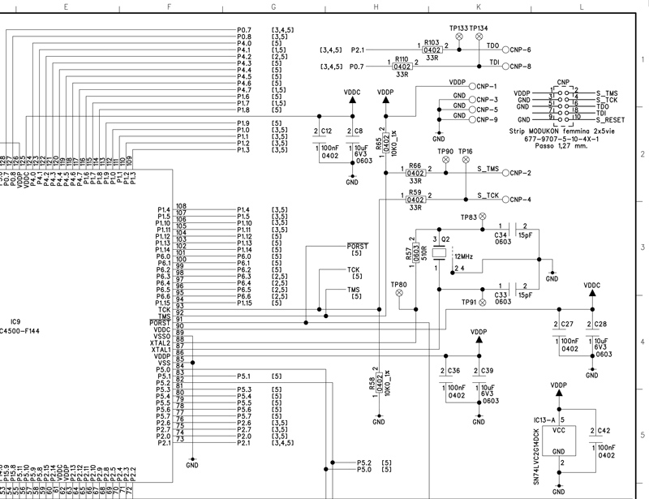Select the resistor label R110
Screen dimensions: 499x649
(x=402, y=59)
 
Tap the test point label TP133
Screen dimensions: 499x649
(x=458, y=28)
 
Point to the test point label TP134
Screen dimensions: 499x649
(x=479, y=28)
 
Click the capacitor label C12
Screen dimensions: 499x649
(x=325, y=130)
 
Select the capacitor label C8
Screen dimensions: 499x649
(x=359, y=130)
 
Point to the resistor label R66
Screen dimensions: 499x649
(x=415, y=165)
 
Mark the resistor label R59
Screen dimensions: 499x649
(x=415, y=191)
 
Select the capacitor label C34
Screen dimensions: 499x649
(x=501, y=234)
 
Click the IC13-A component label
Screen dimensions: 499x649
(x=545, y=419)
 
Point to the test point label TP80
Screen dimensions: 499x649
(x=398, y=285)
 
